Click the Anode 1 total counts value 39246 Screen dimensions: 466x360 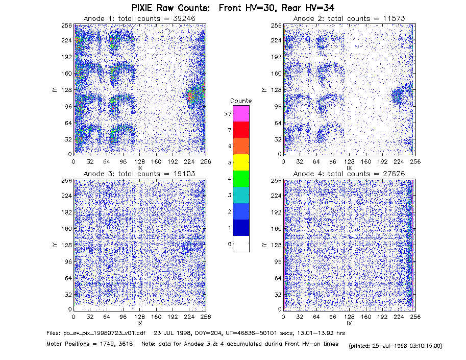[184, 18]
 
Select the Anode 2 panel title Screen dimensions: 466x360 [349, 18]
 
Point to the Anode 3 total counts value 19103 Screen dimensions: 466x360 [184, 174]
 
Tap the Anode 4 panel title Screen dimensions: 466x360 [349, 174]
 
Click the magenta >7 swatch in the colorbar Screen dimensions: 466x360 [241, 113]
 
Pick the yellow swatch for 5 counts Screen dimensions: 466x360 [241, 162]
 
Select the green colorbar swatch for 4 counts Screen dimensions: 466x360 [241, 179]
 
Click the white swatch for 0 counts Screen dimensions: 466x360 [241, 244]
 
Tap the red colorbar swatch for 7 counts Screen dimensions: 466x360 [241, 130]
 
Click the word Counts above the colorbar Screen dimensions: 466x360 [241, 101]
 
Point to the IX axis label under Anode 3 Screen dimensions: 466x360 [140, 323]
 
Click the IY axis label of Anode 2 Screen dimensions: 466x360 [264, 90]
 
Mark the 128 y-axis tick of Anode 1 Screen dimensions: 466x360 [67, 90]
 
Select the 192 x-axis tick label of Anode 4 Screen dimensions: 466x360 [382, 317]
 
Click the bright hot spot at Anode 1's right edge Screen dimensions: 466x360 [191, 95]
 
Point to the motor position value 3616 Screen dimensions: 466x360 [126, 344]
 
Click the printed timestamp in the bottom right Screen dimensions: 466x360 [396, 346]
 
